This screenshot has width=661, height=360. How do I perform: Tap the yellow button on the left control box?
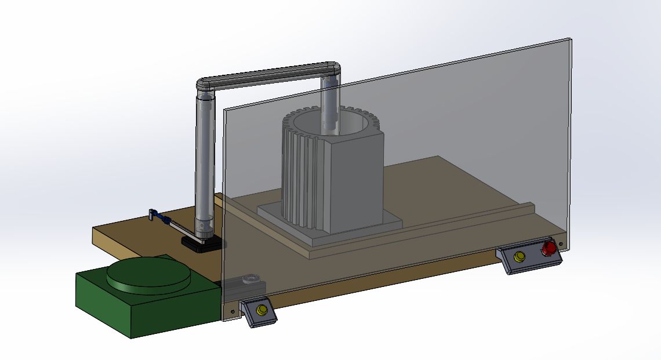[x=260, y=310]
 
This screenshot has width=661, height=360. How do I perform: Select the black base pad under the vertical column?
[x=200, y=244]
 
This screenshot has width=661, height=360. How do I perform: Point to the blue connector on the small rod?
[x=167, y=220]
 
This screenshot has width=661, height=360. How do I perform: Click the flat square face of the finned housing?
[x=357, y=180]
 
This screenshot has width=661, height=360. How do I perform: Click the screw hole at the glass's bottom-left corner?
[x=233, y=311]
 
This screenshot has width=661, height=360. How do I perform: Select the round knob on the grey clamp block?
[x=250, y=278]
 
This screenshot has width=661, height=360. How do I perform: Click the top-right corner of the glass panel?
[x=569, y=41]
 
